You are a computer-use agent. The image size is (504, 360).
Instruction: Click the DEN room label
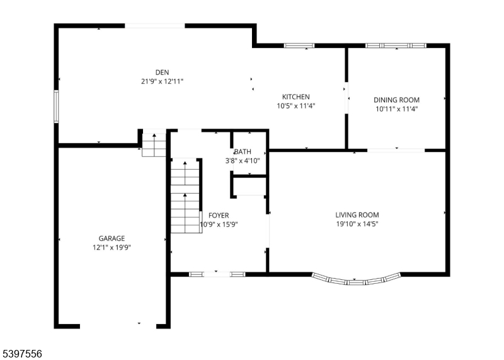[162, 73]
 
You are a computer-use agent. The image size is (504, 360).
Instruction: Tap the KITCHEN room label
[296, 97]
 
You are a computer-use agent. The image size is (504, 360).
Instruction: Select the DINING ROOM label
[396, 100]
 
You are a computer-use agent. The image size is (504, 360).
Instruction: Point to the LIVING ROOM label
[357, 215]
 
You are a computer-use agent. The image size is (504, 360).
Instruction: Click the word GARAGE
[112, 238]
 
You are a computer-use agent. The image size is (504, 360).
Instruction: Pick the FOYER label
[219, 216]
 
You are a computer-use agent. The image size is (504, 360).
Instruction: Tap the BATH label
[243, 151]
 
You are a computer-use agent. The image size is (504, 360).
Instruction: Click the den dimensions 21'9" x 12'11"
[162, 81]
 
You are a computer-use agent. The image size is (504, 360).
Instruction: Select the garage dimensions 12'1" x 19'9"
[112, 247]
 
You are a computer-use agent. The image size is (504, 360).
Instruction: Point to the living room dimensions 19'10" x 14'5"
[357, 224]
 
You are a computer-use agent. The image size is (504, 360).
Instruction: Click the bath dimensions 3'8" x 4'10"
[243, 161]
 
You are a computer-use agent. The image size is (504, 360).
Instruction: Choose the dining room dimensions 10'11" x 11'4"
[396, 109]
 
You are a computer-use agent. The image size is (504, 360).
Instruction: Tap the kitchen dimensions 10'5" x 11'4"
[296, 106]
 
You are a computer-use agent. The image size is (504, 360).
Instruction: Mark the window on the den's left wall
[56, 107]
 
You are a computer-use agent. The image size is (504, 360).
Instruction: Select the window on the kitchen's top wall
[299, 45]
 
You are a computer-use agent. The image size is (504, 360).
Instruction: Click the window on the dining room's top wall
[396, 45]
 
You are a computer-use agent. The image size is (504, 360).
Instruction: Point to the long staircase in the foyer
[186, 195]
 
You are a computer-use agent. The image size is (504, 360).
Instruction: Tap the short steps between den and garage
[154, 145]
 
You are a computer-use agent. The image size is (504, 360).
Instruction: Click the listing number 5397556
[21, 354]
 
